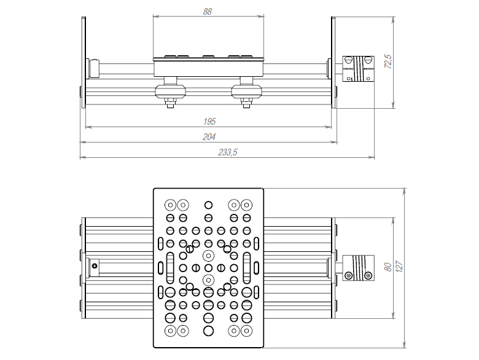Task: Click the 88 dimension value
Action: click(207, 11)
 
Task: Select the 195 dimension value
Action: click(209, 122)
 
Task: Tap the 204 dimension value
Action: click(209, 136)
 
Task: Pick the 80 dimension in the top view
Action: click(387, 267)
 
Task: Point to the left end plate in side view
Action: click(83, 61)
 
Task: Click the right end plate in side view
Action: click(333, 61)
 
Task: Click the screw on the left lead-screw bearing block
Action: click(95, 266)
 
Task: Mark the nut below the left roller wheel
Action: click(170, 104)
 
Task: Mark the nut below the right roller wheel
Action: click(247, 104)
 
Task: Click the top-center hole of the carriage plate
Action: click(208, 205)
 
